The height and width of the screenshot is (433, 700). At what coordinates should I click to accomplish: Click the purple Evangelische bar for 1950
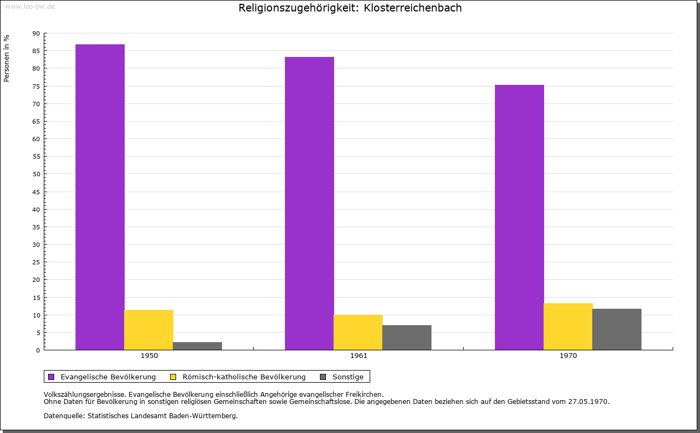100,197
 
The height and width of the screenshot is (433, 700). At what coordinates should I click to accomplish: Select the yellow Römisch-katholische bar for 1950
149,330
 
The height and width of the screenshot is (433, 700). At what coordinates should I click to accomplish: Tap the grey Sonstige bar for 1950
197,346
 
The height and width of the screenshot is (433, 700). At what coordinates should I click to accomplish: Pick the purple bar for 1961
310,203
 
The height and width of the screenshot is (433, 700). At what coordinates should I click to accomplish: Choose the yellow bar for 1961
358,332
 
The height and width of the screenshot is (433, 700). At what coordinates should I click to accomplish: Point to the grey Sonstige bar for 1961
407,337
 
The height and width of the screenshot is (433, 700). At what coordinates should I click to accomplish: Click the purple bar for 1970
520,217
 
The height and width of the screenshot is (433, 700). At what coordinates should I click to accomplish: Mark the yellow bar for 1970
568,326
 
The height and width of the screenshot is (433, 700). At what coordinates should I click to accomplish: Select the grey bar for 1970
617,329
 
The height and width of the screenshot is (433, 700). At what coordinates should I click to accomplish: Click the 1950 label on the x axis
149,356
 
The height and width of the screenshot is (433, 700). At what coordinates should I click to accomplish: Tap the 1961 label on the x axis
359,356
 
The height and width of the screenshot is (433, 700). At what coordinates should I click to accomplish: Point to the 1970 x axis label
568,356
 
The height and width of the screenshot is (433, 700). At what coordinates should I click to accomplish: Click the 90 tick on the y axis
36,33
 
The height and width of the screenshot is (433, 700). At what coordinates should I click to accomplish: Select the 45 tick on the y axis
36,192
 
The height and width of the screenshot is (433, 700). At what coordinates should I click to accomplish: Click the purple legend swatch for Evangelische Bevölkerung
51,377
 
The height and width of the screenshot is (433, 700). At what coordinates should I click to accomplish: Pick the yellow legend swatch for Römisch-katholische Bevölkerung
173,377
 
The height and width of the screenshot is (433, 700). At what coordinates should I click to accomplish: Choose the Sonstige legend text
348,377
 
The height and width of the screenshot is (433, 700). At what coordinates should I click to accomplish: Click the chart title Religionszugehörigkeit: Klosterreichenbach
350,8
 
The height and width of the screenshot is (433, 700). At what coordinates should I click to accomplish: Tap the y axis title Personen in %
7,58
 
